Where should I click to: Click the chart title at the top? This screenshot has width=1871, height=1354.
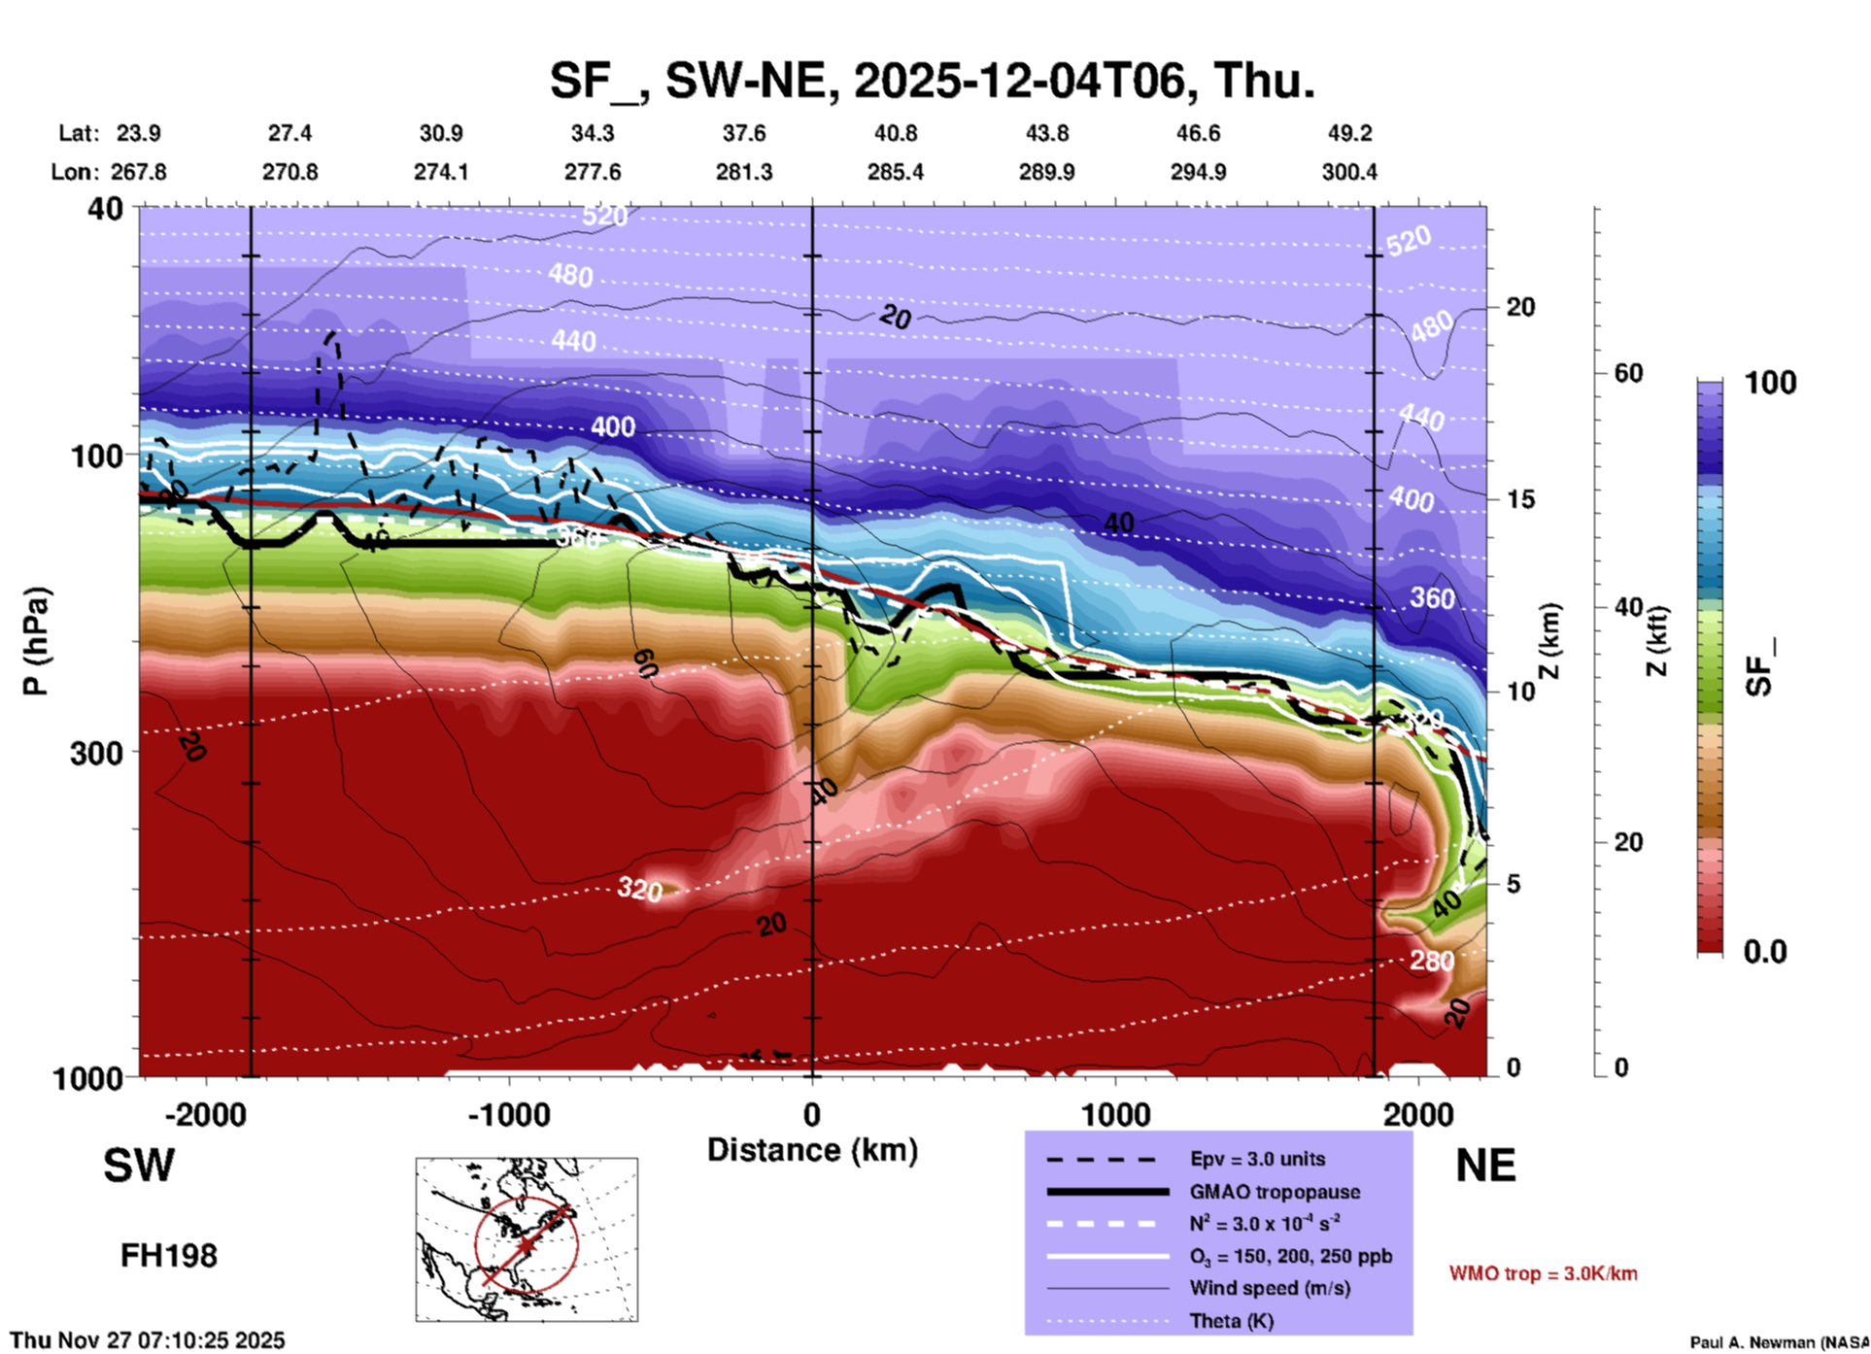tap(933, 80)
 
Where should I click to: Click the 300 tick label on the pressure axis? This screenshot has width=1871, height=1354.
tap(96, 753)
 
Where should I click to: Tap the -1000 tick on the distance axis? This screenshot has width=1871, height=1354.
tap(509, 1114)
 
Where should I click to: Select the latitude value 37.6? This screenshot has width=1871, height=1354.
tap(744, 133)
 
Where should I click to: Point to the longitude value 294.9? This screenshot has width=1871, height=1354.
tap(1198, 172)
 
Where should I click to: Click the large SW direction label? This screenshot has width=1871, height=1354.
tap(139, 1166)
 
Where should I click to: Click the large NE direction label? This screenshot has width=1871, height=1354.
tap(1485, 1166)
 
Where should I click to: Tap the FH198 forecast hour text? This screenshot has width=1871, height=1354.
tap(169, 1256)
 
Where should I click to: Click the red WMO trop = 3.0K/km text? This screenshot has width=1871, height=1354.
tap(1543, 1273)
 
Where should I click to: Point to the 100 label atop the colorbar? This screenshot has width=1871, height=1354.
tap(1770, 383)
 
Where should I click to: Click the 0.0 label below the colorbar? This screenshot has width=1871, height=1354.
tap(1764, 952)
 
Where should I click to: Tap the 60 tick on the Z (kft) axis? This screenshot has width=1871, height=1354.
tap(1628, 373)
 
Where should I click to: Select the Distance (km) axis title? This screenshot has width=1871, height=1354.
tap(812, 1150)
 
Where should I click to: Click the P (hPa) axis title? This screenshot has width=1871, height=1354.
tap(35, 640)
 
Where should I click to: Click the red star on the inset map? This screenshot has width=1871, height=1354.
tap(526, 1244)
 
